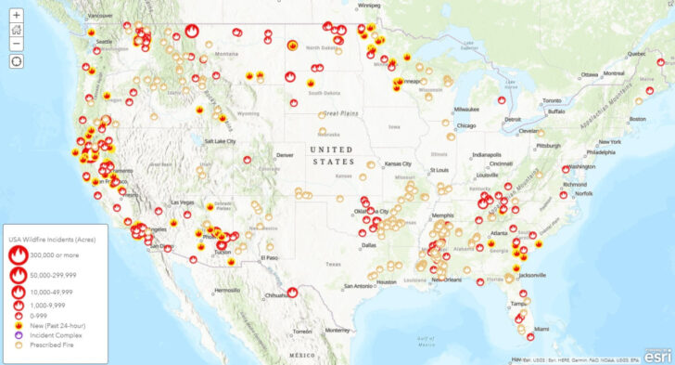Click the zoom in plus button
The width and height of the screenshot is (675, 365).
(17, 15)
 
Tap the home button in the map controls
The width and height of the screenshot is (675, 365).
(17, 29)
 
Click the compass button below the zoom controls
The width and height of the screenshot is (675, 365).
(17, 60)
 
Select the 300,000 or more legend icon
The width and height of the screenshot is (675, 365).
(19, 255)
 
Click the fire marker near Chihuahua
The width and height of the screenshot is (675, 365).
(292, 292)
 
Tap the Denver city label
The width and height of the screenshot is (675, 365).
(285, 155)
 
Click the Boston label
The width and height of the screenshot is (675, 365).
(638, 119)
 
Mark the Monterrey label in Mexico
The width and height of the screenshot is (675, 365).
(337, 330)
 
